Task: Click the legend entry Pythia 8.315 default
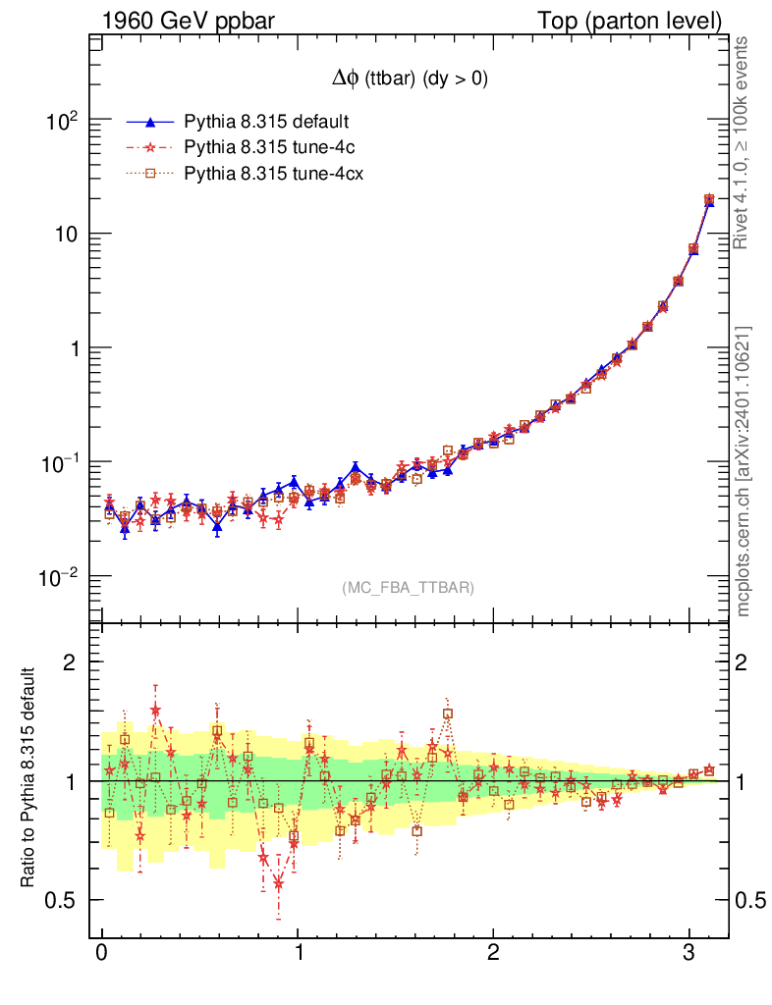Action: pyautogui.click(x=267, y=123)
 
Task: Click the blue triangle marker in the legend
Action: pyautogui.click(x=150, y=123)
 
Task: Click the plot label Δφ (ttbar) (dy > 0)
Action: pyautogui.click(x=409, y=80)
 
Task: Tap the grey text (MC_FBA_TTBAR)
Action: pyautogui.click(x=408, y=588)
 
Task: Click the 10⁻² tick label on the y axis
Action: pyautogui.click(x=60, y=577)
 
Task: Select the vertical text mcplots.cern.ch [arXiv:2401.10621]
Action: pyautogui.click(x=744, y=471)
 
